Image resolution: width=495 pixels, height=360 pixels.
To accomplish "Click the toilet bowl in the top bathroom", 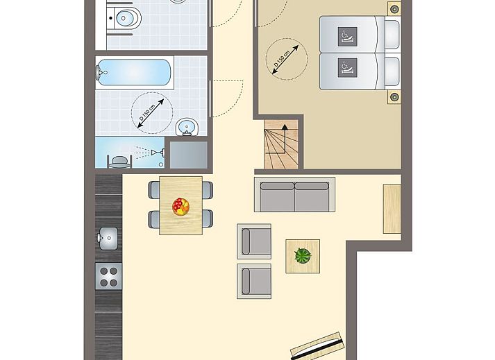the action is tap(126, 18).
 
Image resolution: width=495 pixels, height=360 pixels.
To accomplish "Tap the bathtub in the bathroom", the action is tap(134, 72).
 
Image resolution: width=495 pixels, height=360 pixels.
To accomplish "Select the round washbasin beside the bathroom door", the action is tap(187, 127).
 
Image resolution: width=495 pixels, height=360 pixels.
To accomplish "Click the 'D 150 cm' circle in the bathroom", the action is tap(152, 113).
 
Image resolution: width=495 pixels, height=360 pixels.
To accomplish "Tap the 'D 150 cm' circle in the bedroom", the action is tap(286, 59).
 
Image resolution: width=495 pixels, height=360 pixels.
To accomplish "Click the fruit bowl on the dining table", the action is tap(181, 207).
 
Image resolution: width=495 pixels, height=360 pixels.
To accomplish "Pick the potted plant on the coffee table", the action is tap(303, 255).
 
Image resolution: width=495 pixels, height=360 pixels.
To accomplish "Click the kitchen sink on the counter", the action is tap(108, 238).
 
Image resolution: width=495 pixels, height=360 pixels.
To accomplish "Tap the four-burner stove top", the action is tap(108, 276).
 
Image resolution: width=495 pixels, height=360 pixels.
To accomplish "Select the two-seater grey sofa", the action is tap(294, 195).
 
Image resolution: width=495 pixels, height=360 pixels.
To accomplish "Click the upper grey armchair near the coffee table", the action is tap(254, 241).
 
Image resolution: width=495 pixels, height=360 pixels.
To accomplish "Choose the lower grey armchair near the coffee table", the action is tap(254, 281).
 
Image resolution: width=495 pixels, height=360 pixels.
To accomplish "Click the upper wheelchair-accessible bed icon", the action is tap(348, 37).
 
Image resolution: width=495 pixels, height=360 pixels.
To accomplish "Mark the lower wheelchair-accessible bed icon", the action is tap(348, 67).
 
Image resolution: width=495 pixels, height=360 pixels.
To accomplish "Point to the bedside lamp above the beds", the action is tap(394, 9).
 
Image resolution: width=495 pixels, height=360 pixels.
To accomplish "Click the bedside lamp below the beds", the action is tap(394, 97).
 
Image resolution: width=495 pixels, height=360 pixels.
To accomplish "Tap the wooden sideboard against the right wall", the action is tap(392, 209).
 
